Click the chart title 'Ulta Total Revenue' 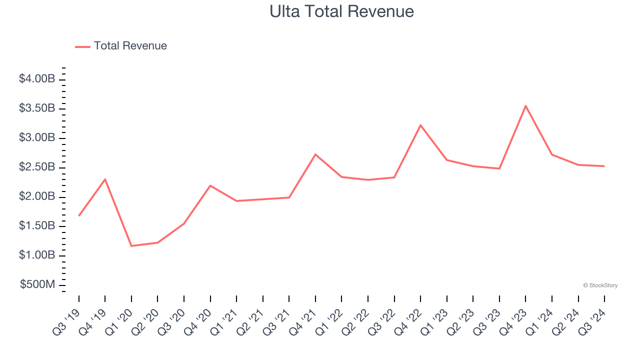click(x=341, y=11)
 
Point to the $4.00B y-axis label click(x=37, y=79)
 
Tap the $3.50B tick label click(x=37, y=108)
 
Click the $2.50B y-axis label click(x=37, y=167)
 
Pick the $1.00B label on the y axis click(x=37, y=255)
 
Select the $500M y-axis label click(x=37, y=285)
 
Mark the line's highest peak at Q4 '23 click(x=525, y=105)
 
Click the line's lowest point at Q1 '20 click(x=131, y=246)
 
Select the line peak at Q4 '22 click(x=420, y=125)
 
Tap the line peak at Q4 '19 click(x=105, y=179)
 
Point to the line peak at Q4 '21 click(x=315, y=154)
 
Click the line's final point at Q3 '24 click(x=604, y=166)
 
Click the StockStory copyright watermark click(x=600, y=285)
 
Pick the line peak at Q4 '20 click(x=210, y=185)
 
